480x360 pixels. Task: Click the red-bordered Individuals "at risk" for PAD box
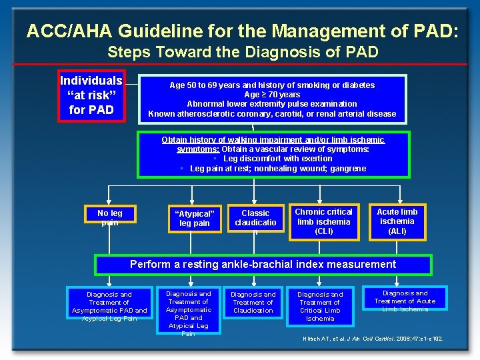pos(91,95)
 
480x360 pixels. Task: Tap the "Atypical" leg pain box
pos(194,218)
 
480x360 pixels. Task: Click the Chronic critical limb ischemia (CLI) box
pos(323,221)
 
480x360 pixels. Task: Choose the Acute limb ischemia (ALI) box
pos(397,221)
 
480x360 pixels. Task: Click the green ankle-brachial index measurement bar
pos(263,265)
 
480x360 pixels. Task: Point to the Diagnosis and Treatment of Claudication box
pos(253,302)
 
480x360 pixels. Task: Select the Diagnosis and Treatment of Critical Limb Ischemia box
pos(320,306)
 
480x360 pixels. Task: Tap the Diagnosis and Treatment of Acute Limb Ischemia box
pos(405,301)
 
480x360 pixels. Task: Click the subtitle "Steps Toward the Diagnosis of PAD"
pos(243,52)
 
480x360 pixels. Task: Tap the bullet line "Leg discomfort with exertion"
pos(277,159)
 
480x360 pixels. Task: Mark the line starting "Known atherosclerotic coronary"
pos(272,114)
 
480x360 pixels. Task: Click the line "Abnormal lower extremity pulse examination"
pos(272,104)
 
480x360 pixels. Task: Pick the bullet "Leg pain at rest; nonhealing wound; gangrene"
pos(277,169)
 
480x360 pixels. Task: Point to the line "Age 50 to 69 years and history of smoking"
pos(272,85)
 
